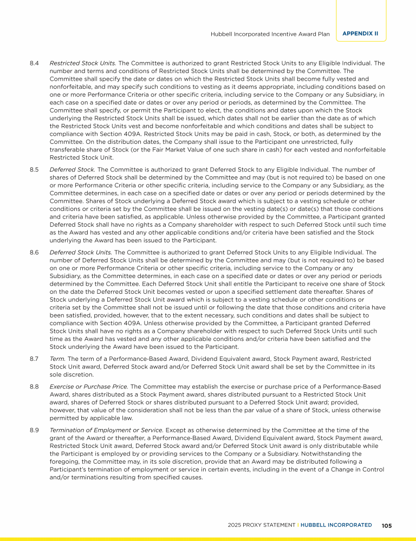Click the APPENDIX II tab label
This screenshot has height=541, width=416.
coord(360,34)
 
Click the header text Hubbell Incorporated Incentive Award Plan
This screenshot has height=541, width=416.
coord(270,34)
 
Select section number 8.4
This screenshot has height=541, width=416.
coord(34,63)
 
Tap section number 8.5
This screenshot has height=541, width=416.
coord(34,169)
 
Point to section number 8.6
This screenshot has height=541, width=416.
coord(34,252)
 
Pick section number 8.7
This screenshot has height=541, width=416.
coord(34,359)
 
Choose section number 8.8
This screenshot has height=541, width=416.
coord(34,387)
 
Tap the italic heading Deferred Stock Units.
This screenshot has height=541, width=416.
coord(81,252)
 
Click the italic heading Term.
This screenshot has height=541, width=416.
coord(57,359)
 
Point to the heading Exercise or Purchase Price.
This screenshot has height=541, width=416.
coord(88,387)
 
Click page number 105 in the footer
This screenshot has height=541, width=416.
coord(387,525)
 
